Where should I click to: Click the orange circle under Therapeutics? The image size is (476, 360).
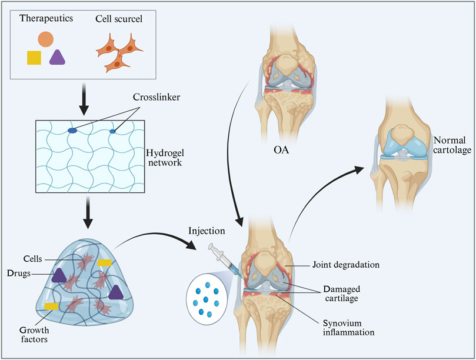[46, 39]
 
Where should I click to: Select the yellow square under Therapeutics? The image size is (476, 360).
[34, 57]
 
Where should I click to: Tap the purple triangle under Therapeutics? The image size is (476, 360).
[57, 57]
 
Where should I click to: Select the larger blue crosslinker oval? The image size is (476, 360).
[72, 131]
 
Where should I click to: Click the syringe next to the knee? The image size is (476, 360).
[227, 259]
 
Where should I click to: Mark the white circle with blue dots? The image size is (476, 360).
[206, 296]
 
